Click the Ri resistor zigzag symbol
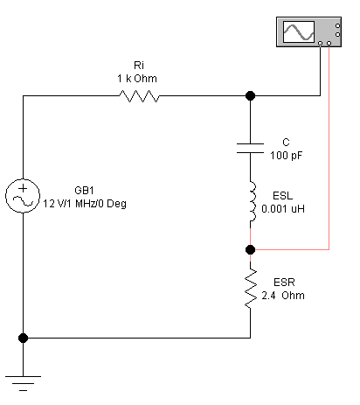tap(139, 96)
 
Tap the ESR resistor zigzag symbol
tap(251, 288)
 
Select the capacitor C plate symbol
tap(250, 148)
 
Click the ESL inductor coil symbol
tap(253, 201)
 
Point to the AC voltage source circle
tap(23, 196)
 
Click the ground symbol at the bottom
tap(23, 383)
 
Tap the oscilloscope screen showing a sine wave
tap(299, 31)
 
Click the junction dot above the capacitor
tap(250, 95)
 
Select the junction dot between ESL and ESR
tap(250, 249)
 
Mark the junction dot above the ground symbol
tap(23, 338)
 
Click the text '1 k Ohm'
tap(137, 79)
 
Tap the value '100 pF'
tap(286, 156)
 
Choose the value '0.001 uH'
tap(283, 209)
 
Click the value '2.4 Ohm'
tap(283, 296)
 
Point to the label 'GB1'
tap(84, 191)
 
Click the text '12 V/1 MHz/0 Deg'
tap(85, 204)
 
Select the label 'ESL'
tap(282, 195)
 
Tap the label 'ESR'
tap(284, 282)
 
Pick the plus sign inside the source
tap(23, 188)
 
